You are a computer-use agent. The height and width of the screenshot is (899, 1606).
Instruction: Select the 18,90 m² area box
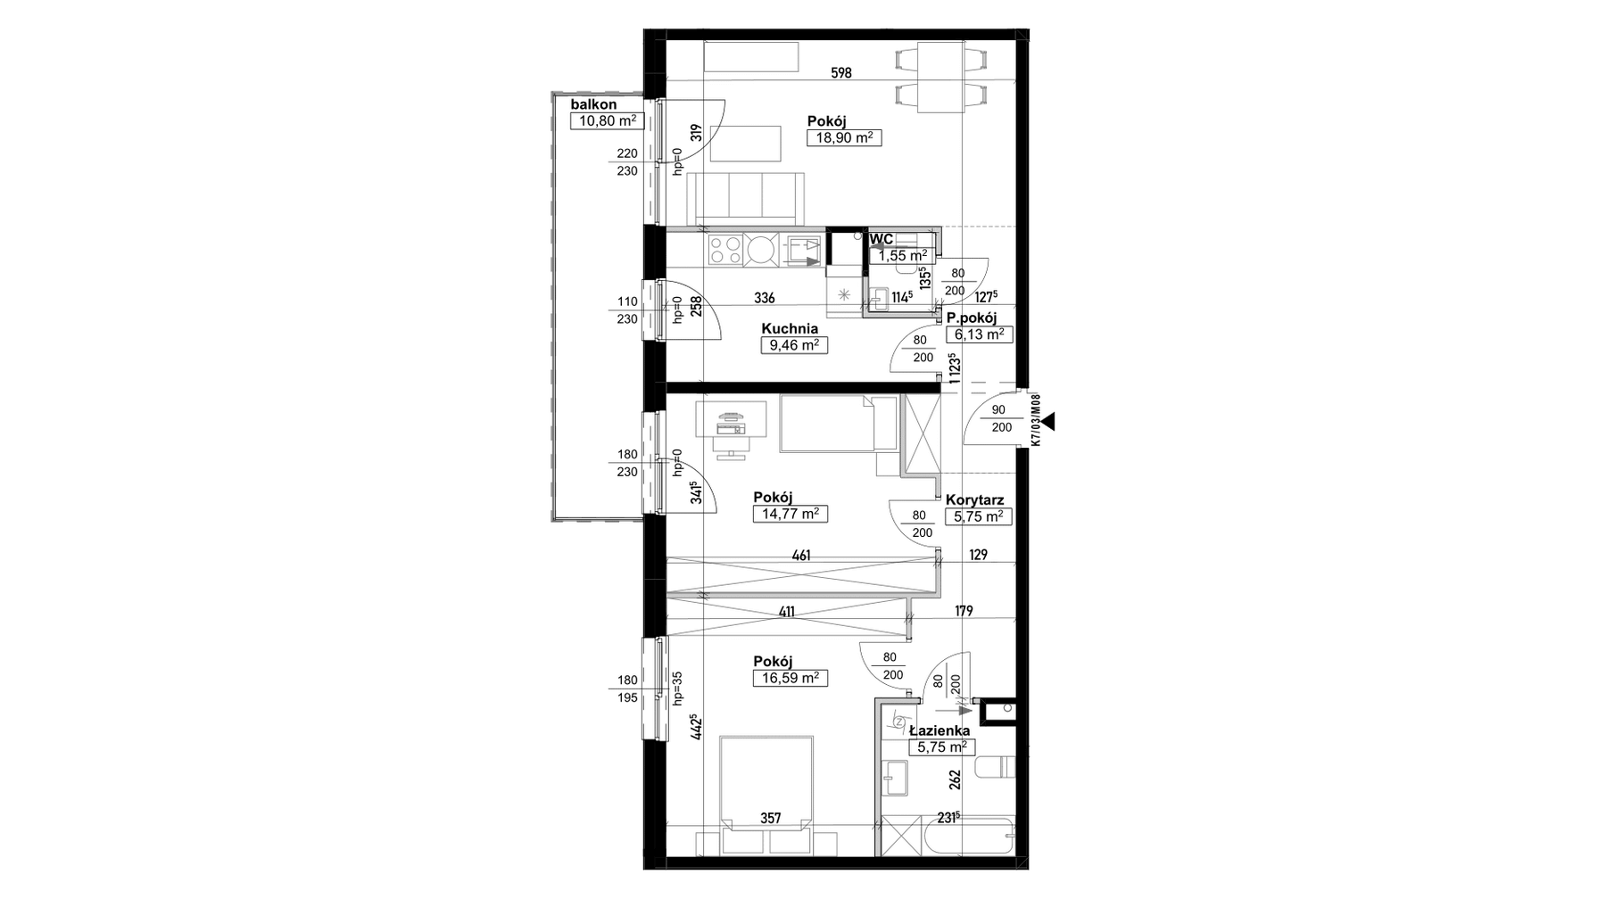coord(844,137)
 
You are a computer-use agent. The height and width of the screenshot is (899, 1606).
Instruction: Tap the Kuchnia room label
coord(790,328)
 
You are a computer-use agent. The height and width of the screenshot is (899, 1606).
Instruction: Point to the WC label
coord(882,239)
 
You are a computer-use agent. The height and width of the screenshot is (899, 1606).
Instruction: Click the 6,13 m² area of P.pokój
coord(980,334)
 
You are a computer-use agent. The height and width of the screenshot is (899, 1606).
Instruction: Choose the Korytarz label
coord(977,500)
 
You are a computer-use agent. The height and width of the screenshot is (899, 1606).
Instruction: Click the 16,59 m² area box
coord(791,678)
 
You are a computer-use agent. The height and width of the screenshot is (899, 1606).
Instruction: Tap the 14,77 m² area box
coord(791,514)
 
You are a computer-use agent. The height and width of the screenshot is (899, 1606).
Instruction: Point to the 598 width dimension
coord(841,73)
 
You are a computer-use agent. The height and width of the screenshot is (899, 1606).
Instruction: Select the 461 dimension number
coord(801,557)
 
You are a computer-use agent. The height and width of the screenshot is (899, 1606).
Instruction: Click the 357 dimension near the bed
coord(771,818)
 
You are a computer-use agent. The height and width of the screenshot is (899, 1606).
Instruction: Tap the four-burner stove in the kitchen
coord(726,250)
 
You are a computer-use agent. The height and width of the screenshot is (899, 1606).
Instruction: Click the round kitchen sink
coord(763,250)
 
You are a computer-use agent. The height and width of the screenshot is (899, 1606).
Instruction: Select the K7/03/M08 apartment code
coord(1035,420)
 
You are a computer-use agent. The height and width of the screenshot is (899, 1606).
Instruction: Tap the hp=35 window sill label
coord(678,689)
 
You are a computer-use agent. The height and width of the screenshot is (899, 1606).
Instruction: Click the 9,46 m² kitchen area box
coord(793,345)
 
